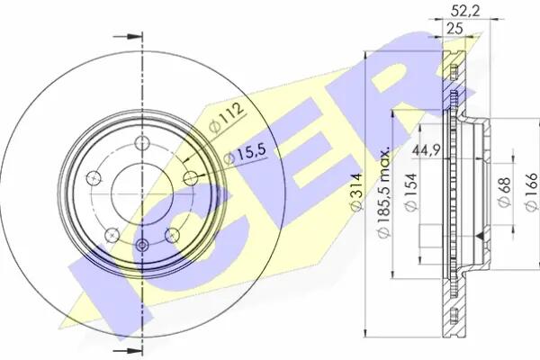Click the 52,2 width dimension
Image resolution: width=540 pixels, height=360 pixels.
click(465, 11)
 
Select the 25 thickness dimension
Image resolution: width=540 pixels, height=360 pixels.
click(454, 29)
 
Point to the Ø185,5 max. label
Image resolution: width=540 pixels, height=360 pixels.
click(383, 192)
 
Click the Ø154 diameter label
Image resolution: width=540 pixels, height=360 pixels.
click(411, 193)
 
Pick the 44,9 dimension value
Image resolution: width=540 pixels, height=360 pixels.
click(427, 150)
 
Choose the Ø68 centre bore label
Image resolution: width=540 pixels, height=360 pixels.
click(505, 192)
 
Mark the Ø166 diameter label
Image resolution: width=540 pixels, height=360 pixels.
click(531, 192)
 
